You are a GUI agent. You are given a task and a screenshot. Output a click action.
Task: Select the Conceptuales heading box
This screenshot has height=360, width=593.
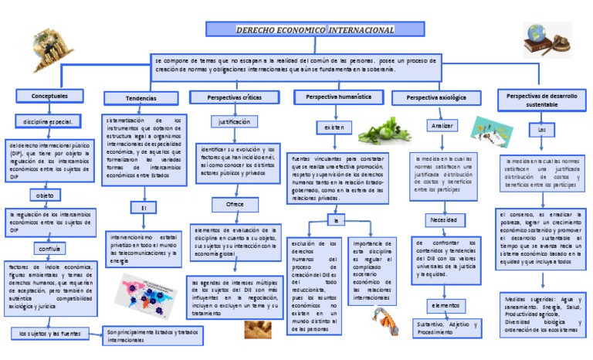click(49, 96)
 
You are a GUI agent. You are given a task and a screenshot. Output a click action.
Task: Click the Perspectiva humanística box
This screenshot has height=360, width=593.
click(338, 97)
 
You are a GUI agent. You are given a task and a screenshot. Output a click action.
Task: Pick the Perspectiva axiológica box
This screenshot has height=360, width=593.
click(437, 98)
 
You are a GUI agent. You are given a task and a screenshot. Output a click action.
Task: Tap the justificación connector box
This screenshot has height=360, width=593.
click(234, 122)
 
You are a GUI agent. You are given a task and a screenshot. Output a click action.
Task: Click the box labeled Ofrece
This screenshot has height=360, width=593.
click(234, 204)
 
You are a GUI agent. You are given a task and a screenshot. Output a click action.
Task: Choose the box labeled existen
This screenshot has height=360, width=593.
click(334, 126)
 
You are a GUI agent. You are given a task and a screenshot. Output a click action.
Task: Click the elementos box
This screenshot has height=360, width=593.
click(444, 306)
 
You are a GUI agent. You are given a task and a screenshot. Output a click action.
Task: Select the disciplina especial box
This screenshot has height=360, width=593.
click(48, 121)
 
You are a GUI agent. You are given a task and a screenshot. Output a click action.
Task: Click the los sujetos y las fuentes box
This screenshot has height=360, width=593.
click(51, 334)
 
